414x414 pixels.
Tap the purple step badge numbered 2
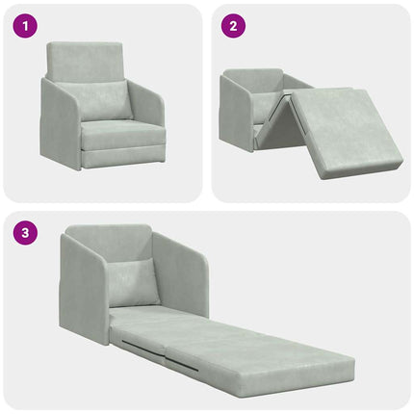[x=231, y=27]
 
